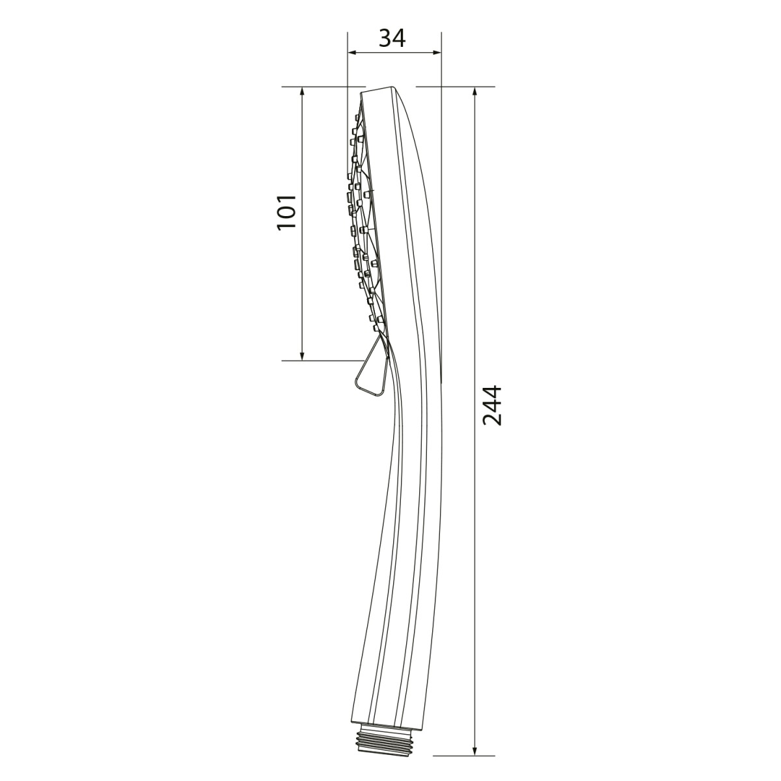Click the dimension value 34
click(392, 39)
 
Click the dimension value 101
click(287, 211)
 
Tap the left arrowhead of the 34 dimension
click(351, 53)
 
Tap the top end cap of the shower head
click(380, 90)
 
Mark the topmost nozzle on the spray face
click(356, 118)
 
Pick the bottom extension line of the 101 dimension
click(319, 360)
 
